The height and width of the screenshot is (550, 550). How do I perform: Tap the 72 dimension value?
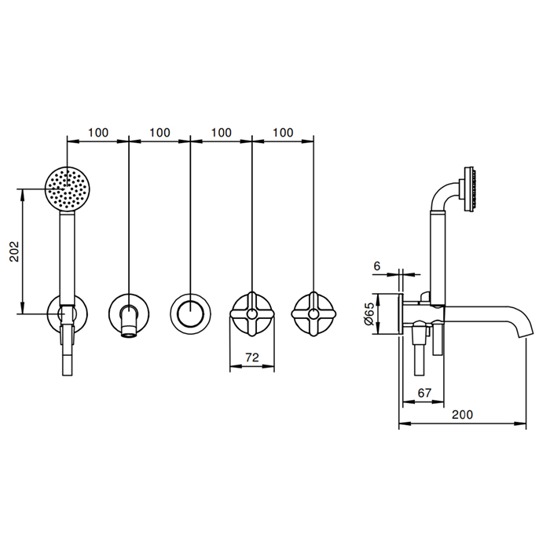point(252,357)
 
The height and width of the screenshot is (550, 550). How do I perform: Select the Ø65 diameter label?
point(369,314)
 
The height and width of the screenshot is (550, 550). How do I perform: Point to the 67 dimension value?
point(424,393)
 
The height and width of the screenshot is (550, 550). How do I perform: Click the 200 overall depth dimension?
point(462,415)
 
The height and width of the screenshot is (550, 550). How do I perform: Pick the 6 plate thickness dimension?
point(376,266)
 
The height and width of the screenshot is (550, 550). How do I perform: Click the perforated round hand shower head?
point(68,189)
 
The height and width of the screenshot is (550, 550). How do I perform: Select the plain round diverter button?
point(190,313)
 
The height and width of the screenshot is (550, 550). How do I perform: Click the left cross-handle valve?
point(252,314)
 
